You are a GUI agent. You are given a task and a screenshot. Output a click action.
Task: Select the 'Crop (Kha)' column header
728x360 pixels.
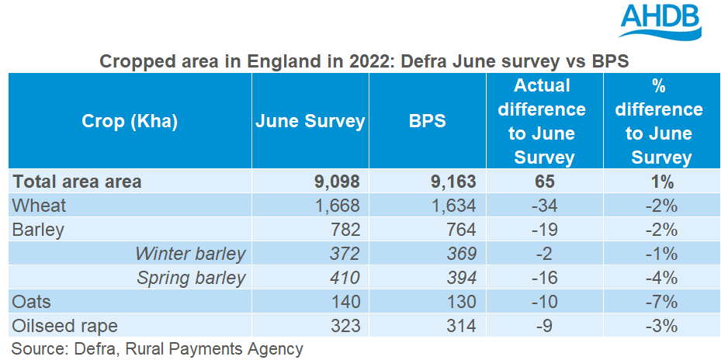click(130, 122)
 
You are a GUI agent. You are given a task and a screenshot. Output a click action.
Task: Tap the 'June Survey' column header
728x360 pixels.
click(310, 122)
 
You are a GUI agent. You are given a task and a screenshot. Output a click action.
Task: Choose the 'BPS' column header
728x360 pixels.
click(427, 122)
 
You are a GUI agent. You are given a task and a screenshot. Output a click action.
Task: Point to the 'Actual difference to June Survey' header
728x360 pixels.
click(546, 121)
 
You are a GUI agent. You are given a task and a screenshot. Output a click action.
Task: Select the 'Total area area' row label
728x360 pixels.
click(78, 182)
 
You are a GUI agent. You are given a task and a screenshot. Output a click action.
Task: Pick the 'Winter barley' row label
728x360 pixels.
click(190, 254)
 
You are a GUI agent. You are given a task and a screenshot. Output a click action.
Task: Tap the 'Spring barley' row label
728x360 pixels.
click(191, 278)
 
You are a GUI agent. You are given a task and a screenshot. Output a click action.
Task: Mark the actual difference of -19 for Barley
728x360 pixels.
click(546, 230)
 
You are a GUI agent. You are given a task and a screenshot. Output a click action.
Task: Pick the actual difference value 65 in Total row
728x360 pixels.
click(546, 182)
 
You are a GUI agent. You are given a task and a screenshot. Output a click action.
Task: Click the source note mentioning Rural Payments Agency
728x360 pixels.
click(158, 348)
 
